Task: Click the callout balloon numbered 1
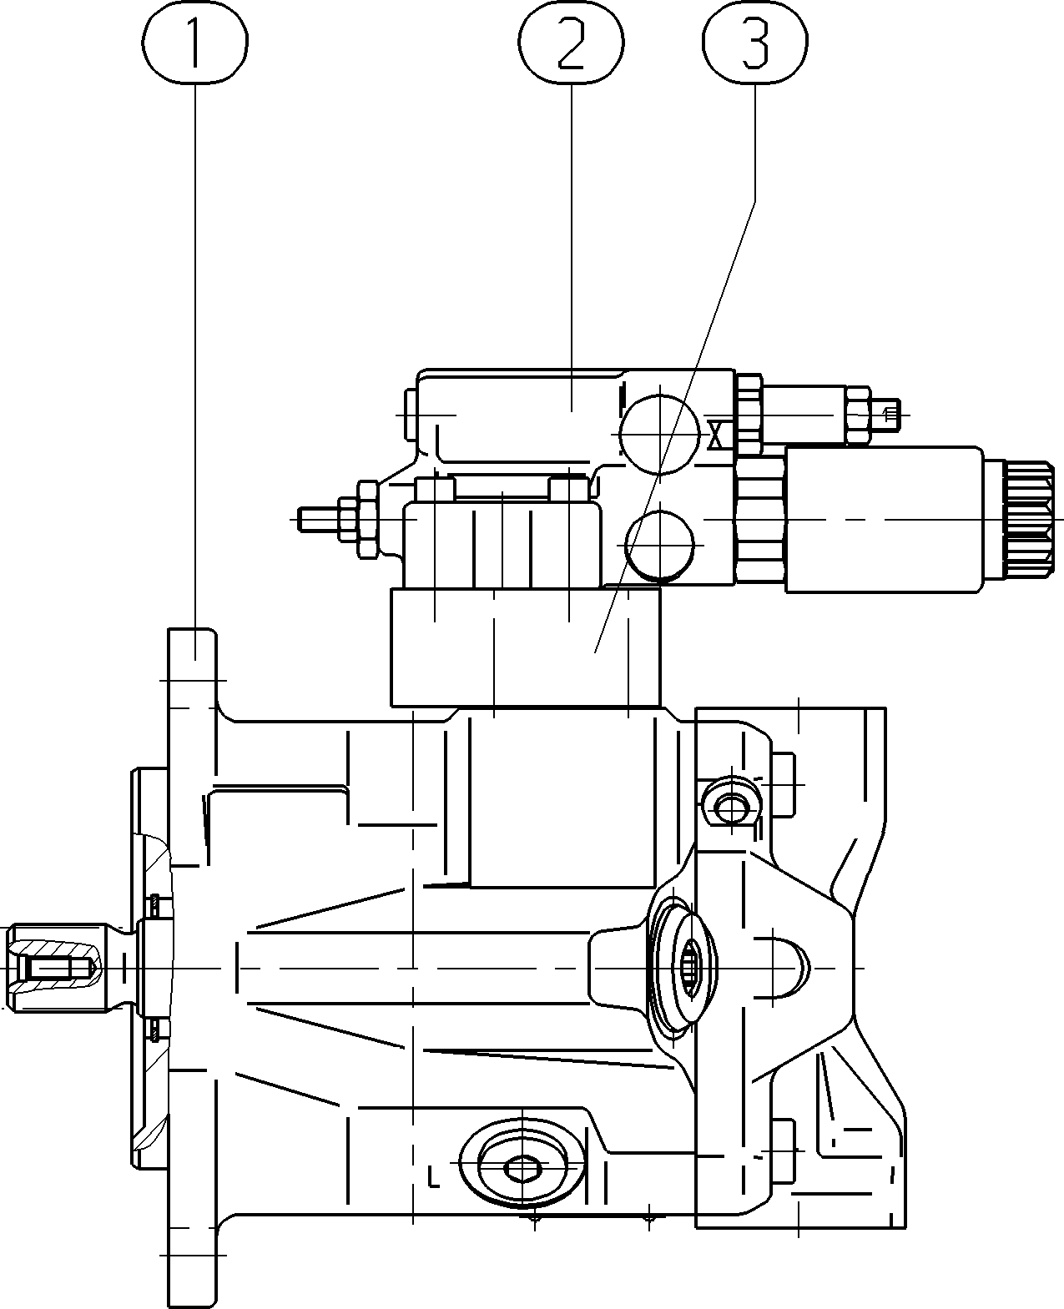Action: [194, 42]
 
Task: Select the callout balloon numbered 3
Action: [755, 43]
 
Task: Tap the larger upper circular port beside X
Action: [659, 435]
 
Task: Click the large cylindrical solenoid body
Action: [884, 520]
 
